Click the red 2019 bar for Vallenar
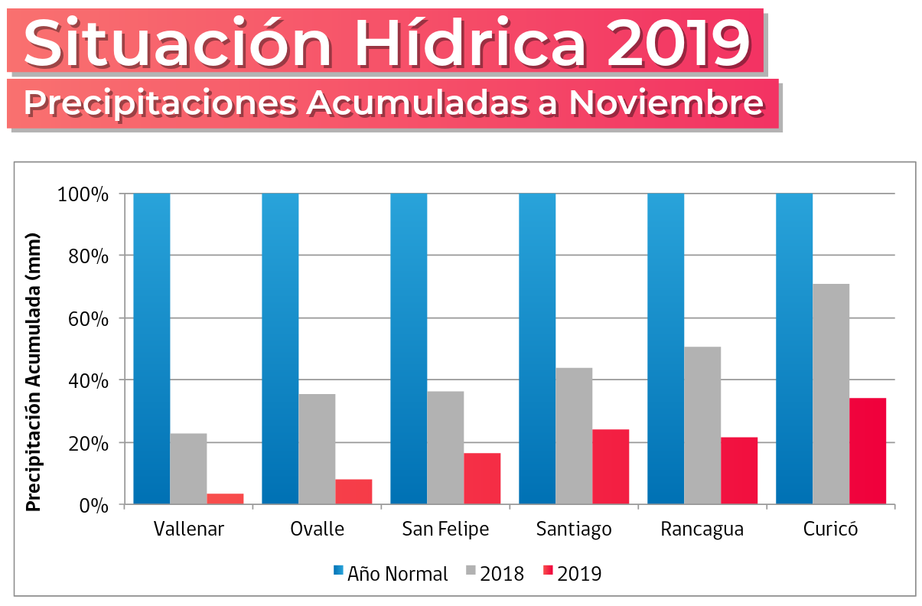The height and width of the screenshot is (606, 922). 225,499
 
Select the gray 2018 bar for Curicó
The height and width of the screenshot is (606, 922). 831,393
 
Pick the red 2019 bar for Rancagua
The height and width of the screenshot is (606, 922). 739,471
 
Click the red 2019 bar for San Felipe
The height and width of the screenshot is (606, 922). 482,478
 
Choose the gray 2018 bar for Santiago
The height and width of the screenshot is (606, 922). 574,435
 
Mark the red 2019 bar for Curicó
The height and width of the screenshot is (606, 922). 868,451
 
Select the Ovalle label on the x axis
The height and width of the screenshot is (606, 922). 317,529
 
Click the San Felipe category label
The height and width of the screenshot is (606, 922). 445,529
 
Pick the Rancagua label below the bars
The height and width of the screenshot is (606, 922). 702,529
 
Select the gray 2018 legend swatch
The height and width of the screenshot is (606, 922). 471,571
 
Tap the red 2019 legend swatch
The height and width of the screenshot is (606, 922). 548,571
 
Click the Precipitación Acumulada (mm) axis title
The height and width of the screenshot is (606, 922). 33,372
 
